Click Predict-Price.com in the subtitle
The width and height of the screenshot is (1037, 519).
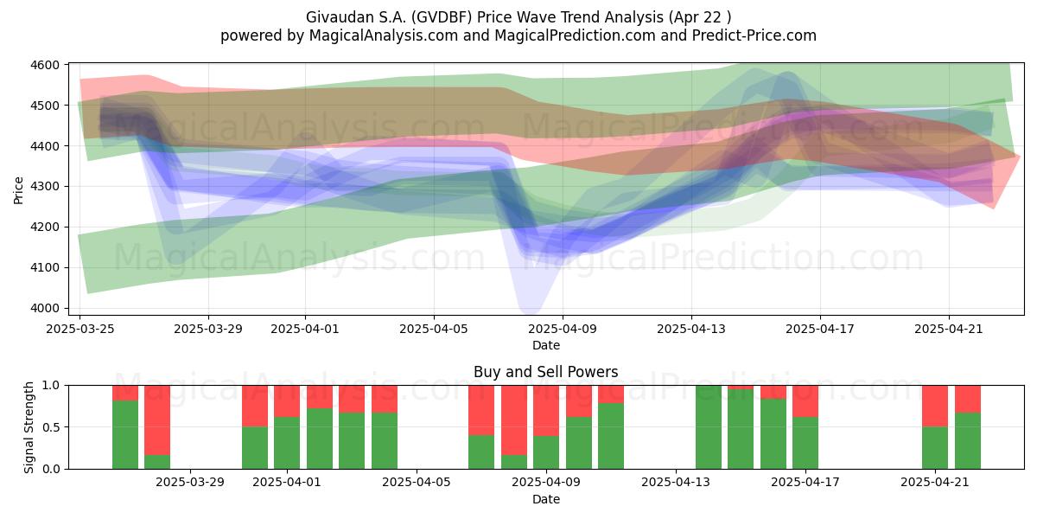pyautogui.click(x=754, y=35)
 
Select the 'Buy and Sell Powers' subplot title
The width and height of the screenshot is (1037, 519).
pyautogui.click(x=546, y=372)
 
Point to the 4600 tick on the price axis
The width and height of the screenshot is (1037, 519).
pyautogui.click(x=45, y=65)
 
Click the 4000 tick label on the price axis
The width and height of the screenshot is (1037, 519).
pyautogui.click(x=45, y=308)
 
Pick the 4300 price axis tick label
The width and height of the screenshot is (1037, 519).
pyautogui.click(x=45, y=186)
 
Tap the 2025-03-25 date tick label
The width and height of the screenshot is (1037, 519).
pyautogui.click(x=80, y=329)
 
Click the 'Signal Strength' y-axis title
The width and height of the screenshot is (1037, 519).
pyautogui.click(x=29, y=427)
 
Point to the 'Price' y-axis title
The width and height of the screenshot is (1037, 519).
pyautogui.click(x=18, y=190)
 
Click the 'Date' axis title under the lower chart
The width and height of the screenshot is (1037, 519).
pyautogui.click(x=546, y=499)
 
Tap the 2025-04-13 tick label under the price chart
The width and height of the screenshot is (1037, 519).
pyautogui.click(x=691, y=329)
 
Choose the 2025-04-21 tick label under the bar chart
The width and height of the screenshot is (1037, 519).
pyautogui.click(x=935, y=483)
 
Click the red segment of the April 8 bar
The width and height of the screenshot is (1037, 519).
pyautogui.click(x=514, y=420)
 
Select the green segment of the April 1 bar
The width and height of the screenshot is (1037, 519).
pyautogui.click(x=287, y=443)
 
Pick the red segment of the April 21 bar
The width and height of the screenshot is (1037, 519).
pyautogui.click(x=935, y=406)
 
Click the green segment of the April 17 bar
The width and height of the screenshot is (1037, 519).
pyautogui.click(x=805, y=443)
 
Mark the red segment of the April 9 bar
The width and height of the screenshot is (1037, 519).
pyautogui.click(x=546, y=411)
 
